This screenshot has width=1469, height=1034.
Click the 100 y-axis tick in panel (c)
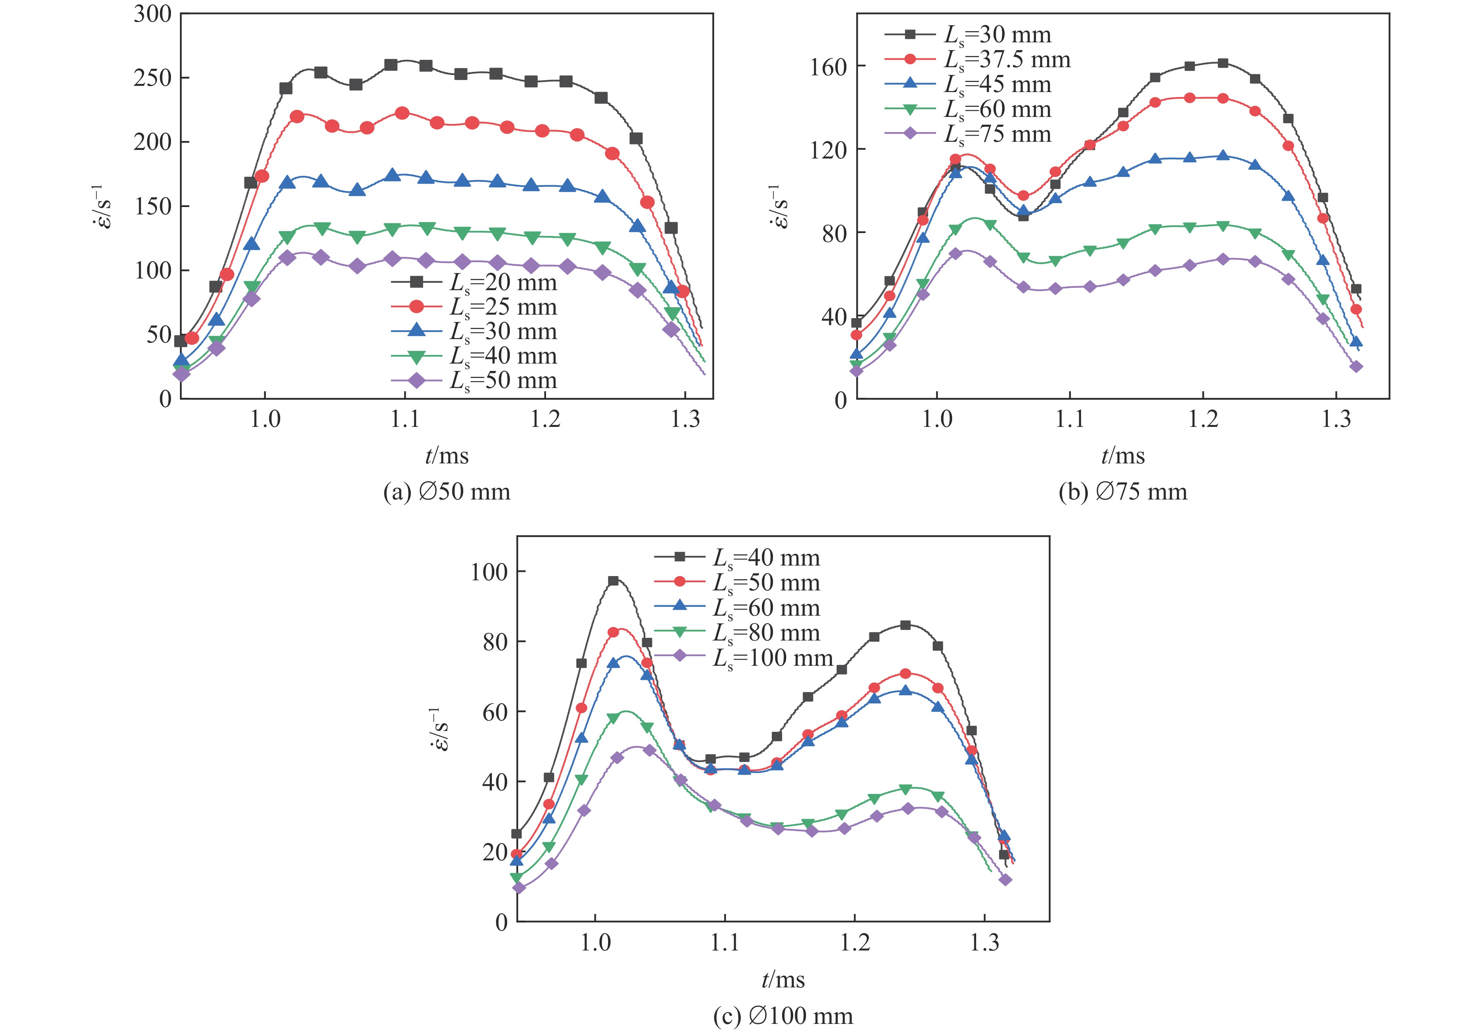[x=489, y=572]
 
